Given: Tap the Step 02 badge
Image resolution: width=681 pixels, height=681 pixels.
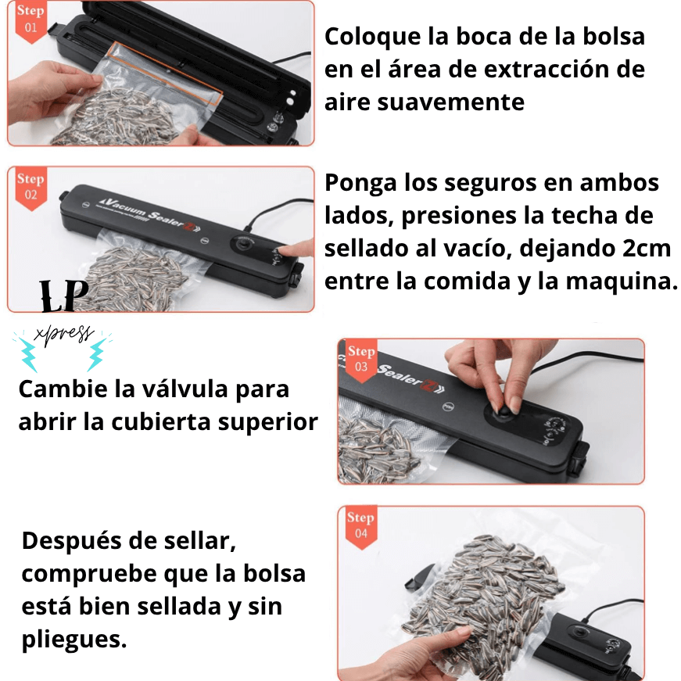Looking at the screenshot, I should pos(30,188).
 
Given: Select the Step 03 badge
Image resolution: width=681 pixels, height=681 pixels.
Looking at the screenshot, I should pos(360,360).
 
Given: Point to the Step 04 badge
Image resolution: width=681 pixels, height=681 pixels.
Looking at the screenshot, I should pos(360,525).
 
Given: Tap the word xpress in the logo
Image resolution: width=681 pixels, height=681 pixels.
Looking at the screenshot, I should pos(64,336).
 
